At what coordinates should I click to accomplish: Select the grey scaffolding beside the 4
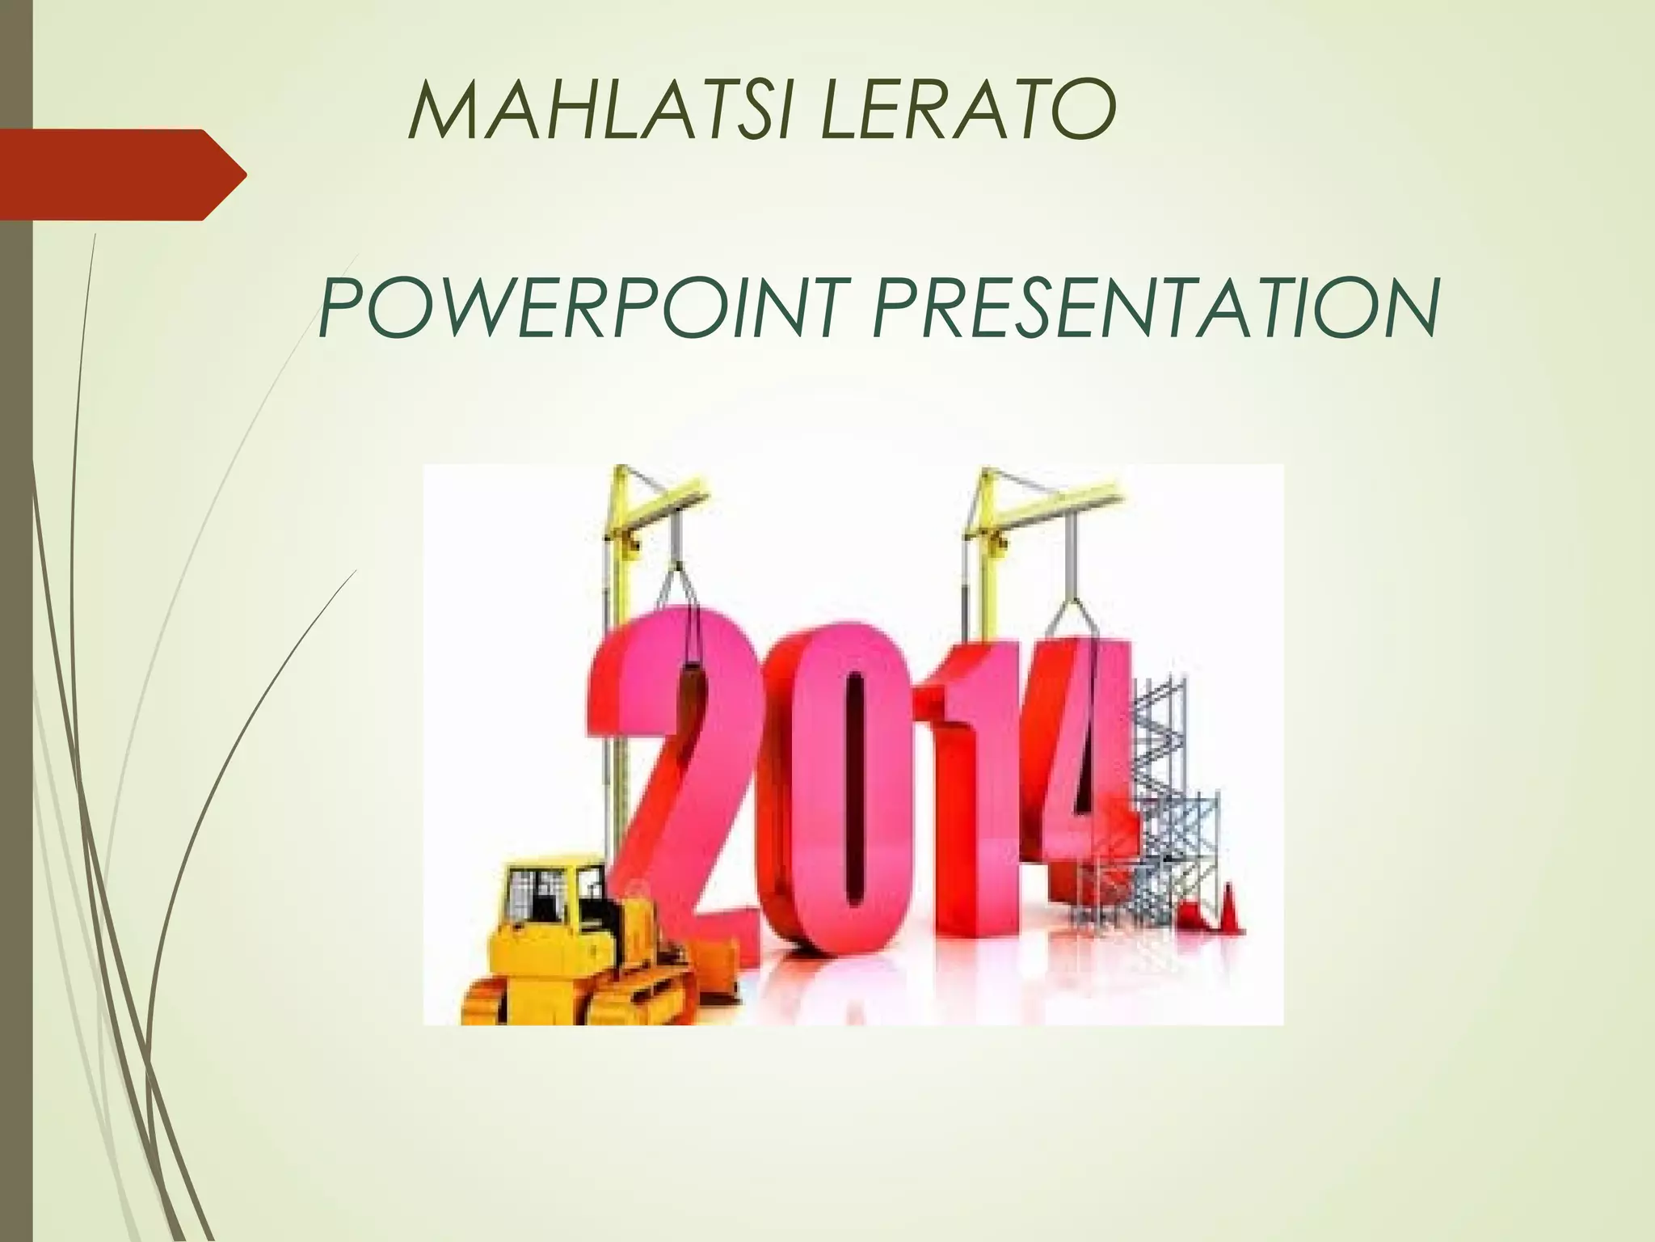click(x=1172, y=809)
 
